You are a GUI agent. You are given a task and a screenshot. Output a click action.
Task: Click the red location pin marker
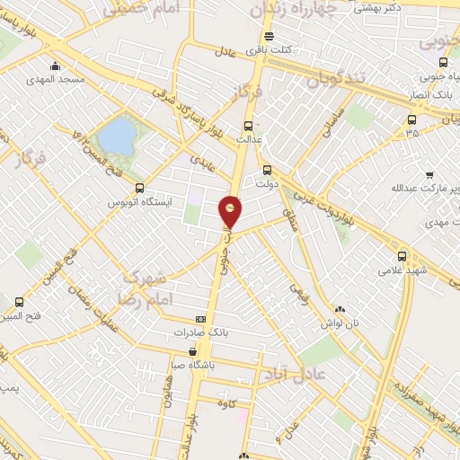pos(231,211)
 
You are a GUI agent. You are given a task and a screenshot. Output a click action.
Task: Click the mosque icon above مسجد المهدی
pos(55,66)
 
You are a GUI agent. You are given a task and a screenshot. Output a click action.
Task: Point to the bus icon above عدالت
pos(249,127)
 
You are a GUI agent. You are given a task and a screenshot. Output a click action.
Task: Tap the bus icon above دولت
pos(266,169)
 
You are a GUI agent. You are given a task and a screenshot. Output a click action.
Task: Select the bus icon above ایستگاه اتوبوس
pos(138,188)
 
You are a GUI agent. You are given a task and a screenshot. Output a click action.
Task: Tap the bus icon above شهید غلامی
pos(402,255)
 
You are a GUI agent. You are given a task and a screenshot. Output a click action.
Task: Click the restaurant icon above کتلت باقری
pos(269,37)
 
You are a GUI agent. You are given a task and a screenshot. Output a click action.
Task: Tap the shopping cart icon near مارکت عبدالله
pos(429,174)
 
